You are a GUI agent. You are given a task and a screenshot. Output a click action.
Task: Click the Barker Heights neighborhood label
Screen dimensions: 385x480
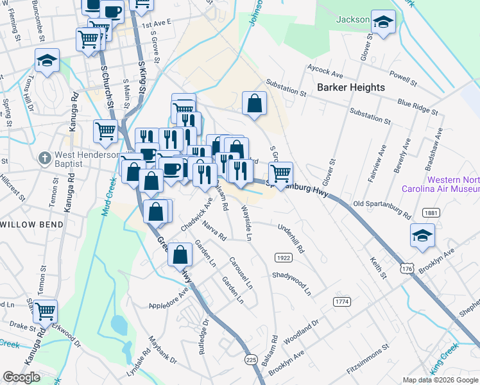[350, 87]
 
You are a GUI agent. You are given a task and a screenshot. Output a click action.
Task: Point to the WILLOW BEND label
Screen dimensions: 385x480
[32, 225]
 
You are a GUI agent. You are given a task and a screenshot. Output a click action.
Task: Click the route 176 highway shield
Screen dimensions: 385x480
[407, 266]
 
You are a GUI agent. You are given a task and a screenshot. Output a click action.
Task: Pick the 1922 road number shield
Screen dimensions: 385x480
[283, 257]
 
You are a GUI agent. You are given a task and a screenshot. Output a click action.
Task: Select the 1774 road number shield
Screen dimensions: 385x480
[342, 301]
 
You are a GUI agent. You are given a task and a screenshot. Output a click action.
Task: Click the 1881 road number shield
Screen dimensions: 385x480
[431, 212]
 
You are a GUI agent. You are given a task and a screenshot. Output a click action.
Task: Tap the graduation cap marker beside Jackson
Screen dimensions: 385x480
[383, 22]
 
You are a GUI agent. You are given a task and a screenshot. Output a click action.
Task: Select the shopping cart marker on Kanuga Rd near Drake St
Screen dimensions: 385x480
[45, 312]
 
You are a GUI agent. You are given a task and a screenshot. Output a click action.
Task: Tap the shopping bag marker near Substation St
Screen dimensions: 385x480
[254, 103]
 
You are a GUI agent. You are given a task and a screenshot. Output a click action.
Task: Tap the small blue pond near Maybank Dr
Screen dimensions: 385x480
[119, 325]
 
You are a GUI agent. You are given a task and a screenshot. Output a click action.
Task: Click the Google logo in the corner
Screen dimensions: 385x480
[21, 377]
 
